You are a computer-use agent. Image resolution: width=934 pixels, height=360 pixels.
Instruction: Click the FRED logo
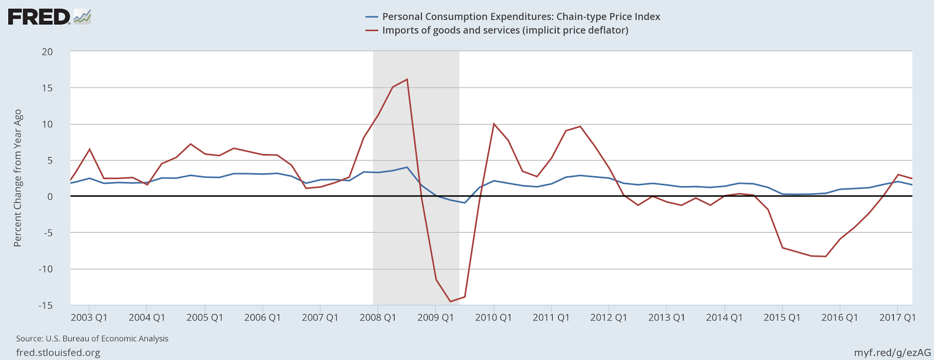(x=49, y=16)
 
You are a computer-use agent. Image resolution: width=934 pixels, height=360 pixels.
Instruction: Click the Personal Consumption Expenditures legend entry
(x=521, y=16)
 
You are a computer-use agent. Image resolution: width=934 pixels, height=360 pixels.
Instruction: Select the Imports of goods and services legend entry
(x=505, y=30)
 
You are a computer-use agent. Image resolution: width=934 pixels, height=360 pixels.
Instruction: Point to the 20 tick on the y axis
(x=47, y=52)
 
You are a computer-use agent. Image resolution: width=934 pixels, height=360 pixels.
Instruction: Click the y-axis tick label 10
(x=47, y=124)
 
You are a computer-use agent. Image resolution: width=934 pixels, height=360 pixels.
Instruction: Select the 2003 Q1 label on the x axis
(x=89, y=317)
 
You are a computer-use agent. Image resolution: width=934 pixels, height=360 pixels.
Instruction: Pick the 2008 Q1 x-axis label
(x=378, y=317)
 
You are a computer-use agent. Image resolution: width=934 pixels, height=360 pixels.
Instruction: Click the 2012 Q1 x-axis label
(x=608, y=317)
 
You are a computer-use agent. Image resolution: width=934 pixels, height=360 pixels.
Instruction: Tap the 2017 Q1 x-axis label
(x=897, y=317)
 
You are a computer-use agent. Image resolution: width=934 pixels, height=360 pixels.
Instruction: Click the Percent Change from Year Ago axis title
(x=18, y=178)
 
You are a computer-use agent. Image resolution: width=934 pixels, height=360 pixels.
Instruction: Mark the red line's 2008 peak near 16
(x=407, y=79)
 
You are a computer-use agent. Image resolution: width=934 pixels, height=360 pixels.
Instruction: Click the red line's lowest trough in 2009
(x=450, y=301)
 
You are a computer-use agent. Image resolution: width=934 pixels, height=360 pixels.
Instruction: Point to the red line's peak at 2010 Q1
(x=493, y=124)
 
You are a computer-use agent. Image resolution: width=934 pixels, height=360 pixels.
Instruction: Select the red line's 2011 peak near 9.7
(x=580, y=126)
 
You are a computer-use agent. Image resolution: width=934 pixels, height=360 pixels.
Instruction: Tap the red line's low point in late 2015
(x=825, y=256)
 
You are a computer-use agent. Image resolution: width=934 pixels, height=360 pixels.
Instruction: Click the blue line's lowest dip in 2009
(x=465, y=202)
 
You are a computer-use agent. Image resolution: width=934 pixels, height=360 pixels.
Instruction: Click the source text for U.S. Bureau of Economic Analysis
(x=92, y=338)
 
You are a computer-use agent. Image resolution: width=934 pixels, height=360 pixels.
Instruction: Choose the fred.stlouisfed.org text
(x=58, y=352)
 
